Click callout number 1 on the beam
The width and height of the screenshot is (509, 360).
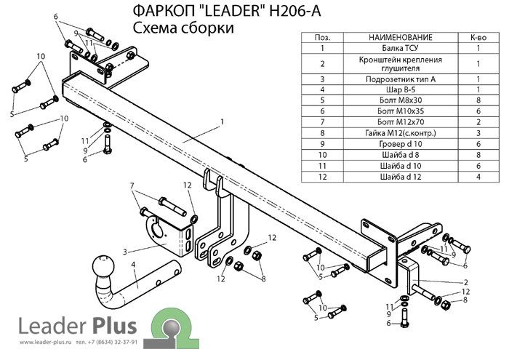tap(223, 121)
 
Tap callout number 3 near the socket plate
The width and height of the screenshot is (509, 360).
tap(125, 252)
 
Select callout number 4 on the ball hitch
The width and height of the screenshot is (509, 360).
tap(133, 265)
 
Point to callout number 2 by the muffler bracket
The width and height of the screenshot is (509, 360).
tap(466, 282)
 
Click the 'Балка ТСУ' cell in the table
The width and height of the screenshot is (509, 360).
tap(400, 48)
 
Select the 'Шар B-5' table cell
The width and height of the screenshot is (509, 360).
tap(400, 89)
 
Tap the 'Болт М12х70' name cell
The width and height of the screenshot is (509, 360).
tap(400, 122)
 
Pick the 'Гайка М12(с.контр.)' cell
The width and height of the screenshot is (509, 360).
tap(400, 133)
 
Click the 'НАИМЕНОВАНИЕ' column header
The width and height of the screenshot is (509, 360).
tap(400, 37)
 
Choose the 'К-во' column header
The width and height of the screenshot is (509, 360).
tap(478, 37)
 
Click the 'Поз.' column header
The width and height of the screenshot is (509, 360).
tap(322, 37)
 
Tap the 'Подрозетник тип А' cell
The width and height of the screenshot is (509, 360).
tap(400, 79)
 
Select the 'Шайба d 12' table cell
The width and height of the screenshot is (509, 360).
tap(400, 177)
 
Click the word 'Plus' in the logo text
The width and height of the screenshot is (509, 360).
tap(115, 326)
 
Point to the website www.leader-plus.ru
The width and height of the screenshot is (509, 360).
tap(45, 342)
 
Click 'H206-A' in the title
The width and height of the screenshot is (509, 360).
tap(294, 11)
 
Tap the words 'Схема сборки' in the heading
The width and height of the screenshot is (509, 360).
tap(183, 28)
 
